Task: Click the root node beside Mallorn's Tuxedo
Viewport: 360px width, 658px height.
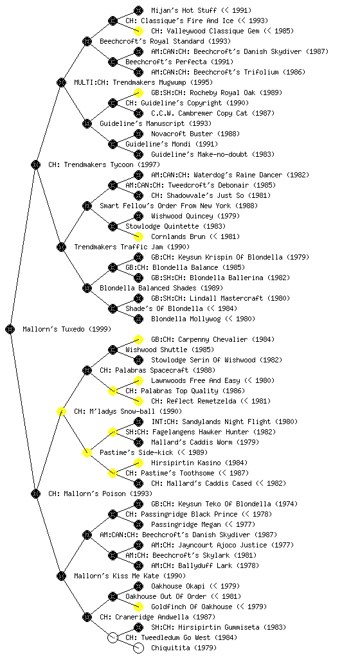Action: [x=10, y=329]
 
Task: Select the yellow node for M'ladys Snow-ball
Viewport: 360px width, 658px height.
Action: [x=61, y=411]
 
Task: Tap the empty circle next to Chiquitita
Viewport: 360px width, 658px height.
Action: [x=138, y=648]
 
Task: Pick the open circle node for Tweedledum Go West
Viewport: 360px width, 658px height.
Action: [x=113, y=637]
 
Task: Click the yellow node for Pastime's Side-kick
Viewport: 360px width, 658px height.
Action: [x=87, y=452]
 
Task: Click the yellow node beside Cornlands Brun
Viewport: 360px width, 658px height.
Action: [x=138, y=236]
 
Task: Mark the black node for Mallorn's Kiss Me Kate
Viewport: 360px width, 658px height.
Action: [x=61, y=576]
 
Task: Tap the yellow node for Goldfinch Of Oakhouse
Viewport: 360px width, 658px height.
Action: [x=138, y=607]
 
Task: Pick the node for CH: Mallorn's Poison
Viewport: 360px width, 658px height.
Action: [x=35, y=493]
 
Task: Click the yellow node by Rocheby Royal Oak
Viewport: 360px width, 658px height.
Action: [x=138, y=93]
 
